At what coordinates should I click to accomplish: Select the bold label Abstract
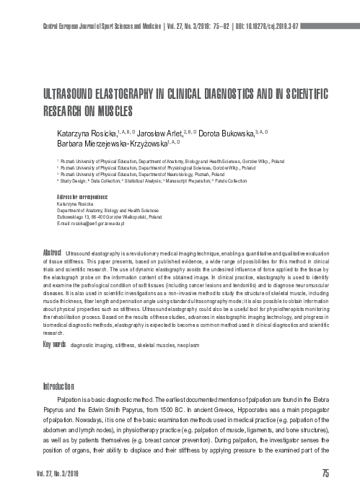coord(52,253)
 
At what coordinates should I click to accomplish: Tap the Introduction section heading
coord(64,385)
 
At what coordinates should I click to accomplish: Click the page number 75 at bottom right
coord(325,492)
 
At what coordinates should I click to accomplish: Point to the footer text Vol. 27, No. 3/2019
coord(55,492)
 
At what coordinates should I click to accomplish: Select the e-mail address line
coord(91,224)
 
